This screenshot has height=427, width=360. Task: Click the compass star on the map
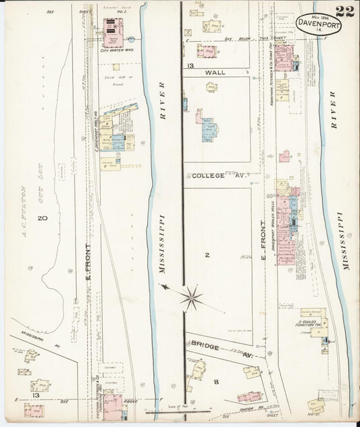[192, 297]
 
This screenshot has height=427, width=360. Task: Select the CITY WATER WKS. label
[113, 51]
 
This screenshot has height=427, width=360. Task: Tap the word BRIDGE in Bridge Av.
[207, 344]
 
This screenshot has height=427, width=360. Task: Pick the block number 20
[42, 218]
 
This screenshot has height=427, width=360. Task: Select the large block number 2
[207, 255]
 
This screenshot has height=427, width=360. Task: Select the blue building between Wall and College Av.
[208, 130]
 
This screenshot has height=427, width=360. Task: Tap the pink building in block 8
[249, 397]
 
